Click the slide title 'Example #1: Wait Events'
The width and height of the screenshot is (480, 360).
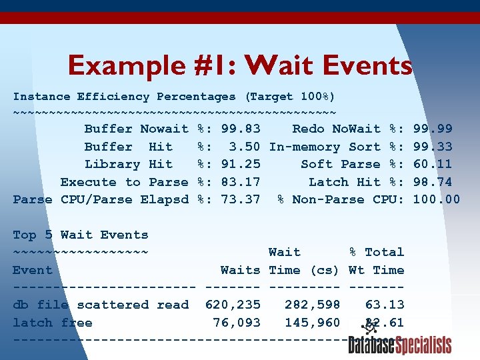point(240,65)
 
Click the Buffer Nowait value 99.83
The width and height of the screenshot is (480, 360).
point(241,129)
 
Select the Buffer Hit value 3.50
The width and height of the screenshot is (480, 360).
point(244,147)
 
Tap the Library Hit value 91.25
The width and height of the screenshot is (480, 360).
point(241,164)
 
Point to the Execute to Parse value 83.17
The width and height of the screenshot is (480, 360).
point(241,182)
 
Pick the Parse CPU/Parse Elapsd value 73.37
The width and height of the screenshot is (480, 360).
point(241,199)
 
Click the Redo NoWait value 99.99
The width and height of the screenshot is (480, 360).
point(433,129)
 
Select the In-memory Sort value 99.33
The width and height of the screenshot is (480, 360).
point(433,147)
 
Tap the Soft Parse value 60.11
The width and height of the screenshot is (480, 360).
point(433,164)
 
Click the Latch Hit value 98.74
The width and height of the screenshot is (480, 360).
point(433,182)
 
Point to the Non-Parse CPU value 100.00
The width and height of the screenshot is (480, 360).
point(437,199)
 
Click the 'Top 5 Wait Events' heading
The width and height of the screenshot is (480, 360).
point(81,235)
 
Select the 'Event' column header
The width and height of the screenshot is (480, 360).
point(33,270)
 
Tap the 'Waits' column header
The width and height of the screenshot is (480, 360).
point(241,270)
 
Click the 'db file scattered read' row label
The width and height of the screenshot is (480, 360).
point(101,305)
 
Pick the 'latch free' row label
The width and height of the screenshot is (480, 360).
point(53,323)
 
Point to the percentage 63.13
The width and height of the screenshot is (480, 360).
point(385,305)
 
